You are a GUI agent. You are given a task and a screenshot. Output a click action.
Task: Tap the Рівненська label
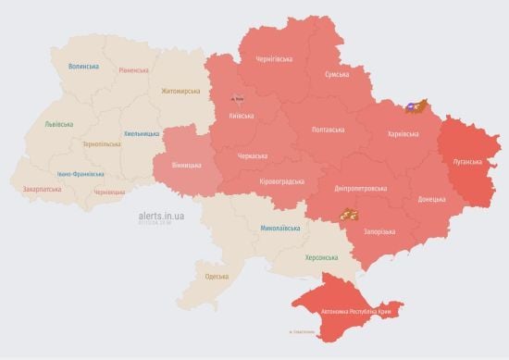(135, 70)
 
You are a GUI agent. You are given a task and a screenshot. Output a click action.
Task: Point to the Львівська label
(60, 124)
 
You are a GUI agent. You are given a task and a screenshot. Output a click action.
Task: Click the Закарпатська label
(42, 189)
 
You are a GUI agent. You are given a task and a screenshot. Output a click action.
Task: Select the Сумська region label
(336, 74)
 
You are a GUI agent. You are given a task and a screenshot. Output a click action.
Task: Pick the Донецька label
(431, 198)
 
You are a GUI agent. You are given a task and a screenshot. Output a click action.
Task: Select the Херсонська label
(322, 257)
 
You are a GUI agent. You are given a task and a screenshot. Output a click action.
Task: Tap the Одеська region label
(217, 276)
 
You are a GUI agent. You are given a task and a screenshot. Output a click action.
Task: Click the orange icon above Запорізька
(349, 216)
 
